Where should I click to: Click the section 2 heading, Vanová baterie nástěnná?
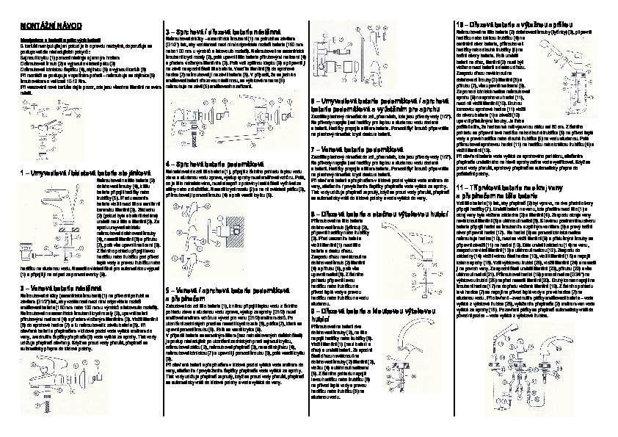click(59, 289)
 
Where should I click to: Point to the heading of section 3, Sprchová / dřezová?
click(213, 32)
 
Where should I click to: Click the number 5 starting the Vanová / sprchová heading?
click(168, 289)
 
